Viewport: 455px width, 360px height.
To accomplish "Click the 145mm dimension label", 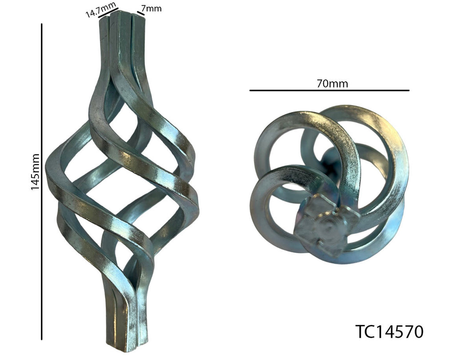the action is click(35, 172).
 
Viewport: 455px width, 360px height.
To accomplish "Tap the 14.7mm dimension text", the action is click(101, 9).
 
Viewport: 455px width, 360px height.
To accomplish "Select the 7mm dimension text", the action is click(152, 8).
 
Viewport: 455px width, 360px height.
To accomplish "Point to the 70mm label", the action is click(332, 84).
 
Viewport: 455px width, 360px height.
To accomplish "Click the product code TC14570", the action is click(389, 332).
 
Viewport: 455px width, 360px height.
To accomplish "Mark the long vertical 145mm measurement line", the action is click(42, 181).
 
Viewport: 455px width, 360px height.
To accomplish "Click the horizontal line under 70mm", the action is click(329, 90).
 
